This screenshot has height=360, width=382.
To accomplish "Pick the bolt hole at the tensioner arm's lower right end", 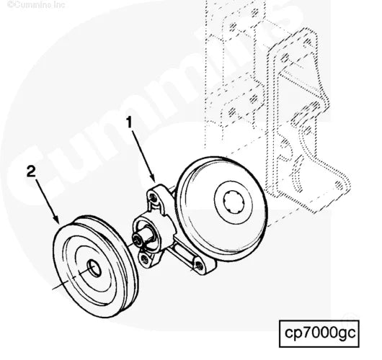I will pyautogui.click(x=197, y=266).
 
